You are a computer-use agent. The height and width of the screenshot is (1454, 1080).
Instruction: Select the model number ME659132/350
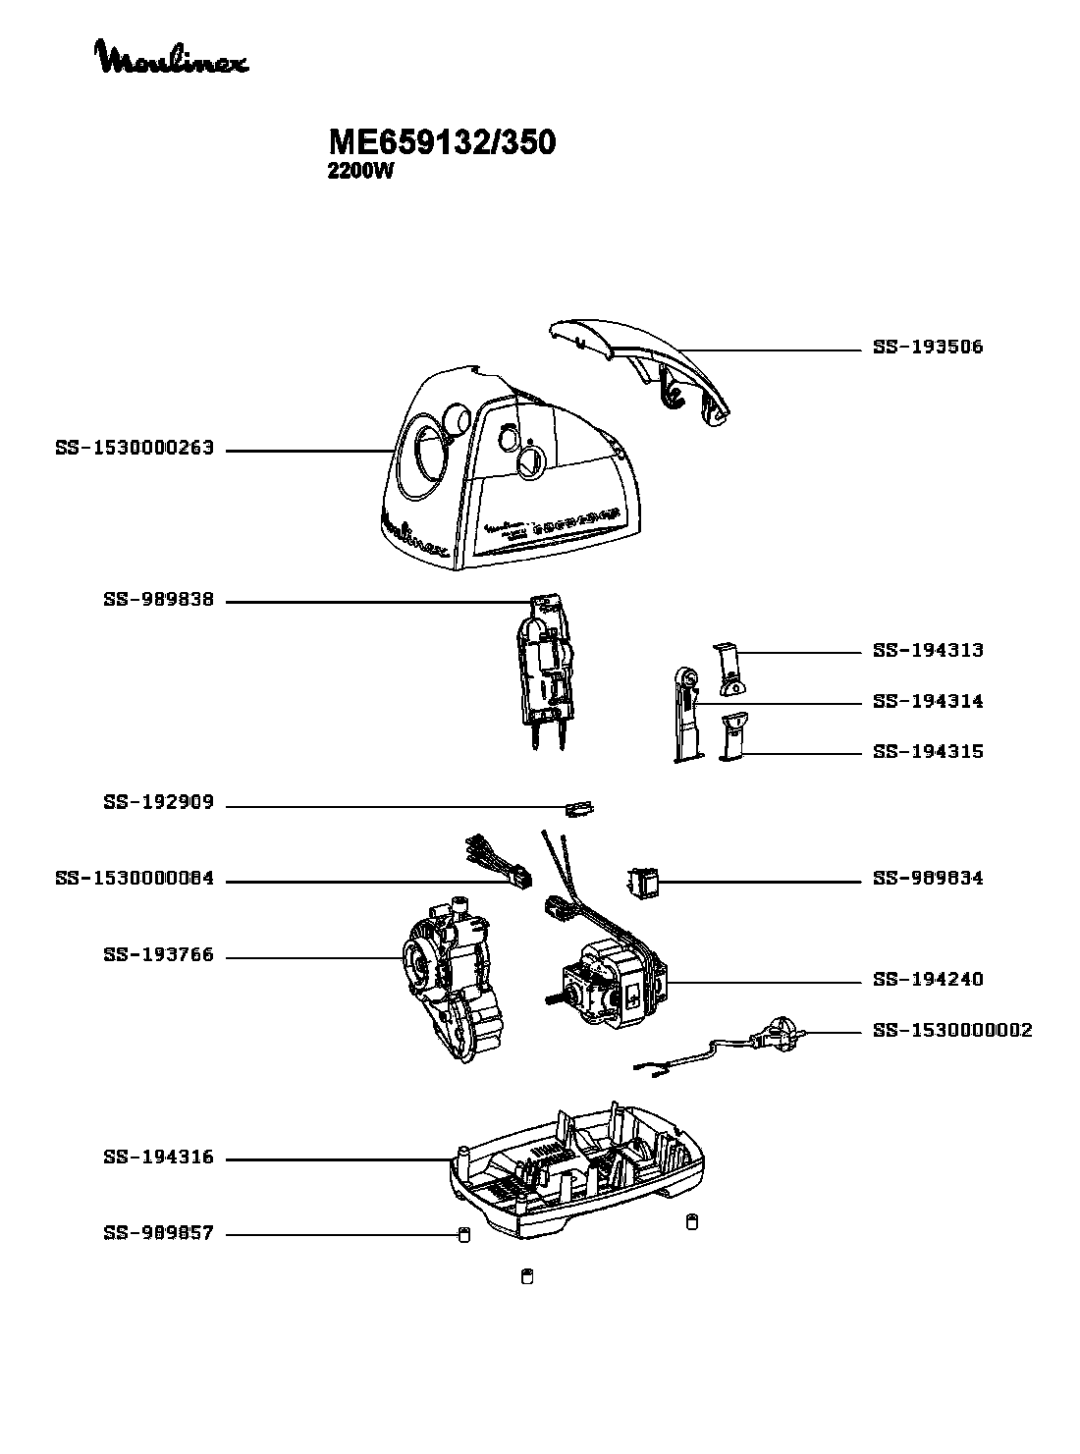(x=442, y=143)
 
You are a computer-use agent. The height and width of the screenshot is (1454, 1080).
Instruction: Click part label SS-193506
(x=928, y=348)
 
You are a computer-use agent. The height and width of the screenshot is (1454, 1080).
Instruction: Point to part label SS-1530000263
(x=135, y=450)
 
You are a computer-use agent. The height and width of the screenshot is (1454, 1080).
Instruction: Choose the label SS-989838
(x=158, y=600)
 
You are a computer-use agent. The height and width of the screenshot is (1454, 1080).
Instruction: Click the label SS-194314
(x=928, y=702)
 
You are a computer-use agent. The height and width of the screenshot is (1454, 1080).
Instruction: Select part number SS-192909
(x=158, y=803)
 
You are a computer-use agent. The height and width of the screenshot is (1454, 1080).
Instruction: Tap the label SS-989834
(x=928, y=879)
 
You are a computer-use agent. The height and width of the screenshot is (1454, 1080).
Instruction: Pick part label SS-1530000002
(x=952, y=1031)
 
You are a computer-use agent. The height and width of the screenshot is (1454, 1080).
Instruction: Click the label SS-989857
(x=158, y=1233)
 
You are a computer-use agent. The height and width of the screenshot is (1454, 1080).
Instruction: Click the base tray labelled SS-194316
(x=579, y=1173)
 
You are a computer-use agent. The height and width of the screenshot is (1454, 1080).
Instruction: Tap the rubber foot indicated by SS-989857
(x=463, y=1234)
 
